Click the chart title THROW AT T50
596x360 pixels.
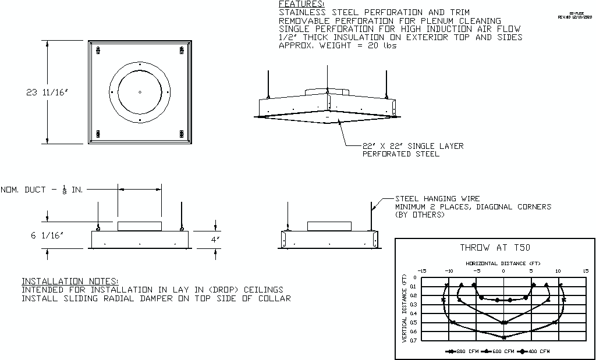(495, 247)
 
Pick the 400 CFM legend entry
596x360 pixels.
(536, 351)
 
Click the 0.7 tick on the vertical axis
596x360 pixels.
(414, 340)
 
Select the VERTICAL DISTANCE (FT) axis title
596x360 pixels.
(405, 309)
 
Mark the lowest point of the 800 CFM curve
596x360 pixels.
(504, 337)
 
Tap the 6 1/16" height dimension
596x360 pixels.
(44, 235)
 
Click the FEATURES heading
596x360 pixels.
(301, 4)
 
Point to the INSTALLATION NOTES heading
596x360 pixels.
(70, 281)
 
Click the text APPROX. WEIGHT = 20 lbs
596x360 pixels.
(338, 45)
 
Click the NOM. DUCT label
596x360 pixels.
(41, 190)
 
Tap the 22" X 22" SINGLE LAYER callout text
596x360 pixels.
(413, 146)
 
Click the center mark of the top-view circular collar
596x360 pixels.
(140, 92)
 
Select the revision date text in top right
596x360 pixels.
(575, 17)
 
